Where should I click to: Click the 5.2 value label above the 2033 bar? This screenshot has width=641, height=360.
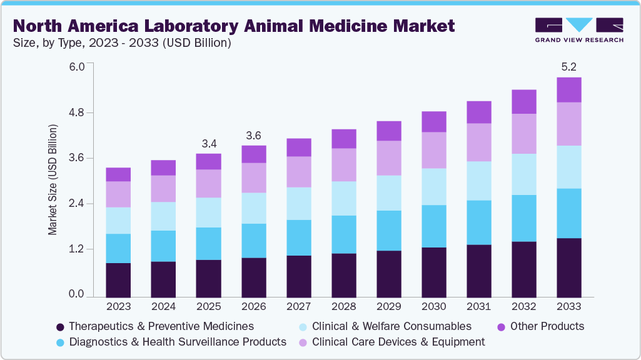pos(568,66)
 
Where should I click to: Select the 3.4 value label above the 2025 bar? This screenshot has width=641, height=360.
pos(208,144)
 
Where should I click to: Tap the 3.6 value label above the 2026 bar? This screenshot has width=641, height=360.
pos(253,136)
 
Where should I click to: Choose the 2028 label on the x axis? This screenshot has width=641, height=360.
pos(343,306)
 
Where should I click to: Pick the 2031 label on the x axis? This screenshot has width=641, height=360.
pos(478,306)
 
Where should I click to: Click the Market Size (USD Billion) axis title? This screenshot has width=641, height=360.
pos(53,180)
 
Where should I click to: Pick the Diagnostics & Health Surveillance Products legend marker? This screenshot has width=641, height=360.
pos(61,342)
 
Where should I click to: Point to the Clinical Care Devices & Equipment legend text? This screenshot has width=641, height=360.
pos(398,342)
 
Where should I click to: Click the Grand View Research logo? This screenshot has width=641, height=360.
pos(578,29)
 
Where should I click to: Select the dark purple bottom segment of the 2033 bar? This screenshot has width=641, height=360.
pos(568,267)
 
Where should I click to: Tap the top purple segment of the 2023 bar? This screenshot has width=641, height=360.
pos(118,174)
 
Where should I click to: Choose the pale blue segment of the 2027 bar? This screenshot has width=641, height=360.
pos(298,203)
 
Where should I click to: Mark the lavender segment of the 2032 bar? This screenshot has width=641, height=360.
pos(523,133)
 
